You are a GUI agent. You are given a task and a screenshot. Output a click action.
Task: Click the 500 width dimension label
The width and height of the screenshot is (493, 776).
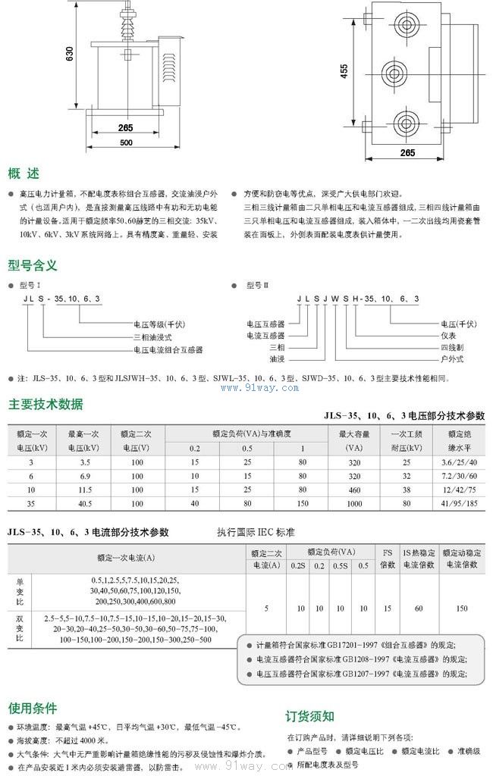(126, 143)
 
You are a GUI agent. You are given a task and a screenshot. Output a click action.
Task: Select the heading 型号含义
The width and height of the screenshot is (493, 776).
(33, 265)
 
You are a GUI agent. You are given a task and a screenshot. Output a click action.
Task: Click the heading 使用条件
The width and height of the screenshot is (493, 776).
(33, 709)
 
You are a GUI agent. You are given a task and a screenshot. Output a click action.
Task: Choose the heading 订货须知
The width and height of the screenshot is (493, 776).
(309, 716)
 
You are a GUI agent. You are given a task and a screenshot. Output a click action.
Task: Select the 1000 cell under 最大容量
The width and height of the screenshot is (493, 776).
(354, 502)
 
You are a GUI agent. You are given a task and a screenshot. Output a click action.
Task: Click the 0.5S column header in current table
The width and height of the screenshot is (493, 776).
(341, 565)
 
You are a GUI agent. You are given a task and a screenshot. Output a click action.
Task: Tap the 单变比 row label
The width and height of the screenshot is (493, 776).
(20, 591)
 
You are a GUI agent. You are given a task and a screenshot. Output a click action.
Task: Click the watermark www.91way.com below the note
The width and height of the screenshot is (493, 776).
(259, 388)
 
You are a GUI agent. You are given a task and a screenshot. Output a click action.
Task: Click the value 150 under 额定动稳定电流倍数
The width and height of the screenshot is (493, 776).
(462, 608)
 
